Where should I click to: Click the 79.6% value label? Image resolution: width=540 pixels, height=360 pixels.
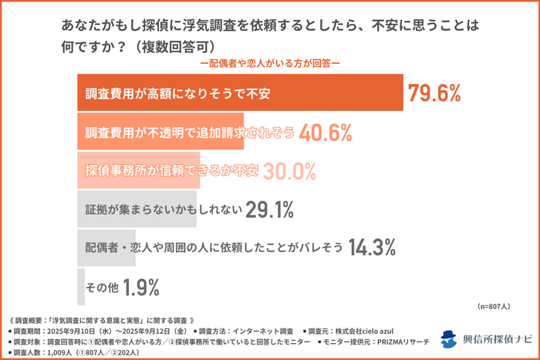coord(434,93)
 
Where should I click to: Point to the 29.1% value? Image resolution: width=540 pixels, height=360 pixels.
coord(271,209)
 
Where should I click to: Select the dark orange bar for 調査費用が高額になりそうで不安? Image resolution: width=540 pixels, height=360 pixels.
coord(239,93)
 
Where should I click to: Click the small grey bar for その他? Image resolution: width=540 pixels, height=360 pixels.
coord(81,287)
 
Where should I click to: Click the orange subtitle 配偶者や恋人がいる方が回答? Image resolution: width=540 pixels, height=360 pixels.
coord(269,63)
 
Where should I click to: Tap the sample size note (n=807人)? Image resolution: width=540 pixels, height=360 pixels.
coord(494,306)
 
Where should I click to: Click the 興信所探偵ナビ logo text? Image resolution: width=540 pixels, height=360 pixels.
coord(496,339)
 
